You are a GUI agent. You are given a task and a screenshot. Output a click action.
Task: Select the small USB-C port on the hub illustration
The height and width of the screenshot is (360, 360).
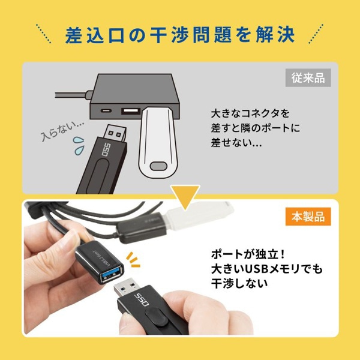coord(106,112)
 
